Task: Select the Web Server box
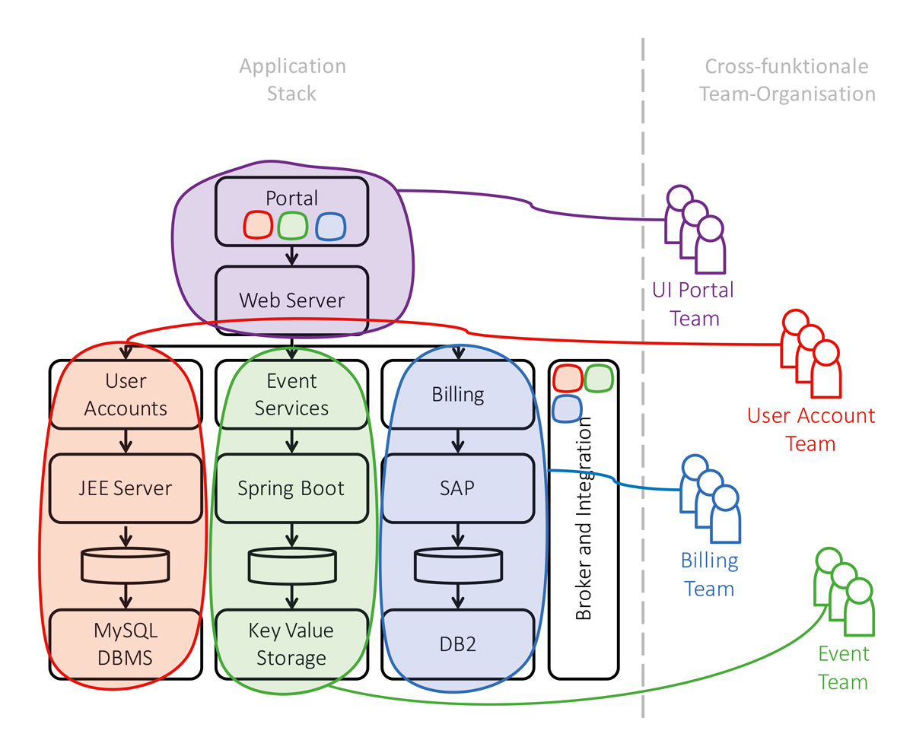pos(291,300)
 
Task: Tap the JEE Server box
pos(126,488)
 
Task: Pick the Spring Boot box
pos(291,488)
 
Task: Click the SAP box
pos(457,488)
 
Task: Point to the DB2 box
pos(457,643)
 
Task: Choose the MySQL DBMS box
pos(126,643)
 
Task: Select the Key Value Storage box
pos(291,643)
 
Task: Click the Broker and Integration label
pos(584,517)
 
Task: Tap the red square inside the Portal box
pos(258,226)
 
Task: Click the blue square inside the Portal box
pos(330,226)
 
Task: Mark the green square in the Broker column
pos(599,379)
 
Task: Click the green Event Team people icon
pos(845,592)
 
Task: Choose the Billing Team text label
pos(709,575)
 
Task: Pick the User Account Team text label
pos(811,430)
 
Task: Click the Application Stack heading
pos(292,80)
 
